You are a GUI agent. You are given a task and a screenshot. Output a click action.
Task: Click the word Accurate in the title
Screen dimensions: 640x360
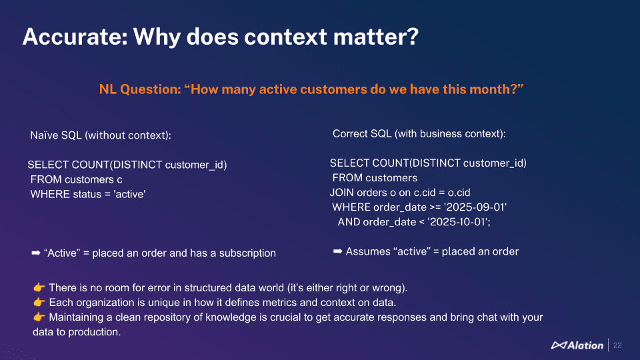coord(75,36)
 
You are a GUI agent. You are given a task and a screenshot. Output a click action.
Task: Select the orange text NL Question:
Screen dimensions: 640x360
coord(140,89)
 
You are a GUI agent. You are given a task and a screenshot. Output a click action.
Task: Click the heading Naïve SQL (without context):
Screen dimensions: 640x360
coord(101,135)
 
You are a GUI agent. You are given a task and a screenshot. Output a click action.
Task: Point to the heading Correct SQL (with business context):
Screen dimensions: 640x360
coord(419,134)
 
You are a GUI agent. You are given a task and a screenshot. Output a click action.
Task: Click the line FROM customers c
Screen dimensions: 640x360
coord(76,179)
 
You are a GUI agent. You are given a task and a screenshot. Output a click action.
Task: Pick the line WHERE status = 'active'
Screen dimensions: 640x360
coord(88,194)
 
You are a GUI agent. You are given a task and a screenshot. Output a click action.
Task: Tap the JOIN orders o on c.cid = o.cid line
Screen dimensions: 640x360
coord(400,193)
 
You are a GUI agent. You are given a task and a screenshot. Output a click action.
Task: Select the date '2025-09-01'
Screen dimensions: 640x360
coord(475,207)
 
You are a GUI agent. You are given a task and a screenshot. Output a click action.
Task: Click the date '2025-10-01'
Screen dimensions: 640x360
coord(459,222)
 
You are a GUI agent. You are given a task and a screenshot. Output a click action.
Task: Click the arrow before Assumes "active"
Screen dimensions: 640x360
coord(337,251)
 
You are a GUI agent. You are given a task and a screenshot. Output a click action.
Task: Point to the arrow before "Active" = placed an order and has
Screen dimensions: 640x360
coord(36,253)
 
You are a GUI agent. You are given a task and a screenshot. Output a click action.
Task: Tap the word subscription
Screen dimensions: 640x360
coord(247,253)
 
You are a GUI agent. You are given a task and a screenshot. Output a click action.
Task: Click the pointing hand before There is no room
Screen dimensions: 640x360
coord(39,288)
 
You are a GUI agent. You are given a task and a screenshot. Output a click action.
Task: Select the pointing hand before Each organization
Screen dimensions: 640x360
coord(39,303)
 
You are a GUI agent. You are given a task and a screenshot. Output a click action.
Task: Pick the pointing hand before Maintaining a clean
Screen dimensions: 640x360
coord(39,317)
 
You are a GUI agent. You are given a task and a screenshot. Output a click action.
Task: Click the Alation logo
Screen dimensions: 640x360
coord(577,345)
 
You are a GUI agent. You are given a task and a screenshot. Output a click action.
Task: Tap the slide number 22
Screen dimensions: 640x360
coord(617,345)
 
